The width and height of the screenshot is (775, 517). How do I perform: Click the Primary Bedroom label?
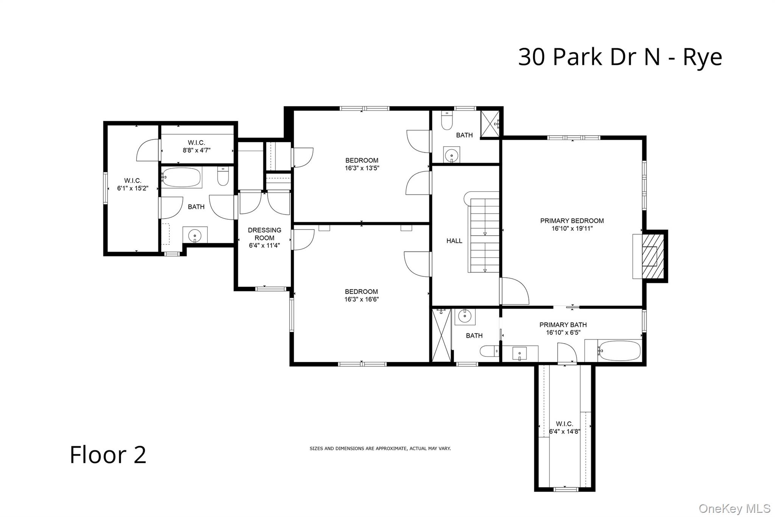click(x=572, y=221)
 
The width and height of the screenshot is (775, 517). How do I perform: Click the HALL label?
click(x=454, y=241)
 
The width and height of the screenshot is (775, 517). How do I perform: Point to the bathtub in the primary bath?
click(x=619, y=351)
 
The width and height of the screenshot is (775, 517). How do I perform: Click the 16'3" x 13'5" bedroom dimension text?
click(x=362, y=168)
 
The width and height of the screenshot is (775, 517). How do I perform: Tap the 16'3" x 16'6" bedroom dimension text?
click(x=361, y=300)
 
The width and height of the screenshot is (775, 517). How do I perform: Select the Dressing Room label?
click(x=265, y=234)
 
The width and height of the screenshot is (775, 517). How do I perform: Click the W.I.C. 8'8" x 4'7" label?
click(x=196, y=147)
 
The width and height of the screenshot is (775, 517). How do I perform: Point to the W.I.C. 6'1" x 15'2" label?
click(x=132, y=184)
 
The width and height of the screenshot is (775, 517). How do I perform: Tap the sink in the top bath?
click(x=452, y=155)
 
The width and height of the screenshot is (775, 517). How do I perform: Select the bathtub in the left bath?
click(x=182, y=177)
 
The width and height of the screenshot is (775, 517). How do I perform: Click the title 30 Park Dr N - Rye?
click(x=619, y=57)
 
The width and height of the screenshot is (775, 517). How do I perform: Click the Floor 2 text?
click(x=108, y=455)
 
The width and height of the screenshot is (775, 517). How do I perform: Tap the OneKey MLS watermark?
click(x=734, y=508)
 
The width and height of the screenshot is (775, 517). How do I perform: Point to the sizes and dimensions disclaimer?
click(x=380, y=448)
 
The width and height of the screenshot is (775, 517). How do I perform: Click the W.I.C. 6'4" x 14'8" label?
click(x=564, y=428)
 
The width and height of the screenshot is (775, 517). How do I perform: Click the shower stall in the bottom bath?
click(x=441, y=335)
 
